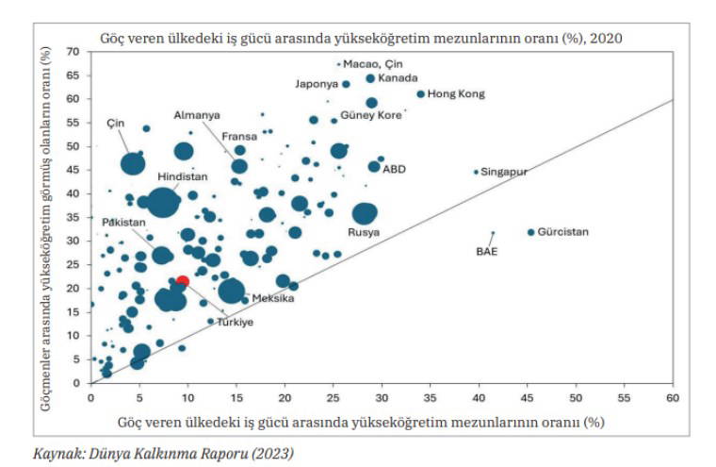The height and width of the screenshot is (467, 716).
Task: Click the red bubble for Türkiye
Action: coord(183,281)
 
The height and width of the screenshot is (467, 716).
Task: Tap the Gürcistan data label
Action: coord(562,232)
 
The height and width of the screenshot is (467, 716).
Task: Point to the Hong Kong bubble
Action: coord(420,94)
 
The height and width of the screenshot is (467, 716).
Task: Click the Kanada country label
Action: coord(398,78)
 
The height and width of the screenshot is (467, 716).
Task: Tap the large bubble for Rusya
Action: coord(365,213)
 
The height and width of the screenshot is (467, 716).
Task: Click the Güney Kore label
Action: coord(375,115)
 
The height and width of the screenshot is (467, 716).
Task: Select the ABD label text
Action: coord(394,169)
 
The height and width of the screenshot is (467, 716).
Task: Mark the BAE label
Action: coord(486,252)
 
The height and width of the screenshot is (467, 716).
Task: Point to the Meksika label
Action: coord(273,299)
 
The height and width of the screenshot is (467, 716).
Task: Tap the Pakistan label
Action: coord(124,222)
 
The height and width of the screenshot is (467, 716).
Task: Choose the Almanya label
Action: coord(197,115)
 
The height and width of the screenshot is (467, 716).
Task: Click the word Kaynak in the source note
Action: coord(57,454)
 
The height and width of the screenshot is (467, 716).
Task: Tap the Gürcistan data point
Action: coord(530,232)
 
